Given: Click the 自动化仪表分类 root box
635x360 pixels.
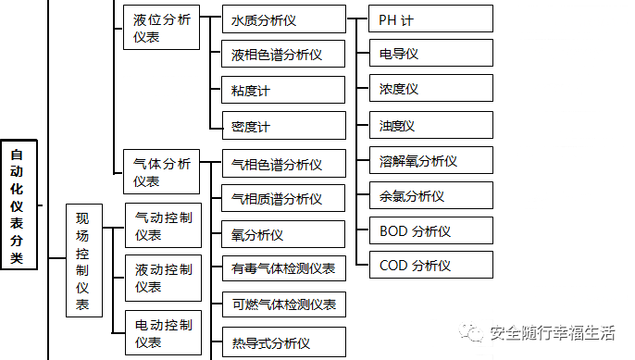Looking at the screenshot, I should point(19,203).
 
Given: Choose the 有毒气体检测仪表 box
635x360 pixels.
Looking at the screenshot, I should point(283,269).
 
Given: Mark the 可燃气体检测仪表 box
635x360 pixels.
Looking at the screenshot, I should point(283,304).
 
